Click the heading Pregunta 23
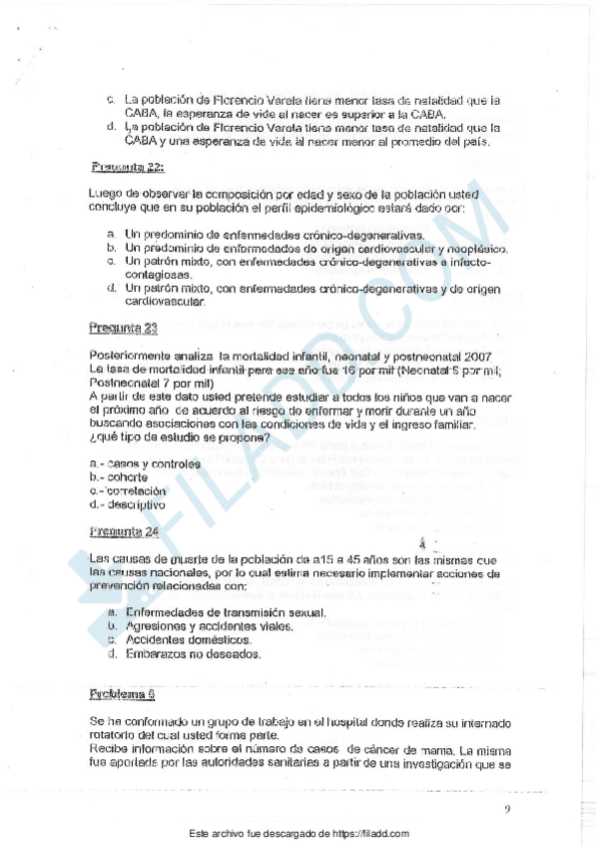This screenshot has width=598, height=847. click(x=123, y=327)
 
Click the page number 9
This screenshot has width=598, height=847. click(x=507, y=810)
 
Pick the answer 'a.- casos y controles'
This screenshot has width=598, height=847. click(x=145, y=463)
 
